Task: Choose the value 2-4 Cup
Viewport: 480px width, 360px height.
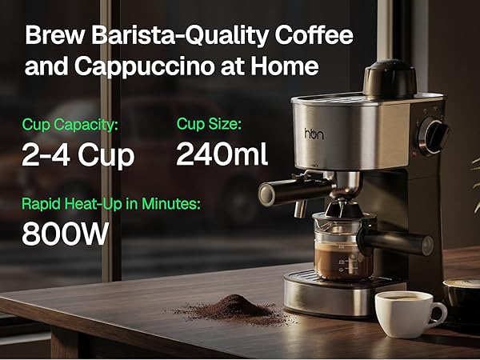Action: click(x=78, y=154)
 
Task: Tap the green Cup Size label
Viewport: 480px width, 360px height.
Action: click(x=209, y=125)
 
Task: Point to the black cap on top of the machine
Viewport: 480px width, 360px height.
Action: click(x=390, y=78)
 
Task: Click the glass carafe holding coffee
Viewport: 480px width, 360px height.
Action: click(x=340, y=252)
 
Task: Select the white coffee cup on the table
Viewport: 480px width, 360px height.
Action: click(x=408, y=311)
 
